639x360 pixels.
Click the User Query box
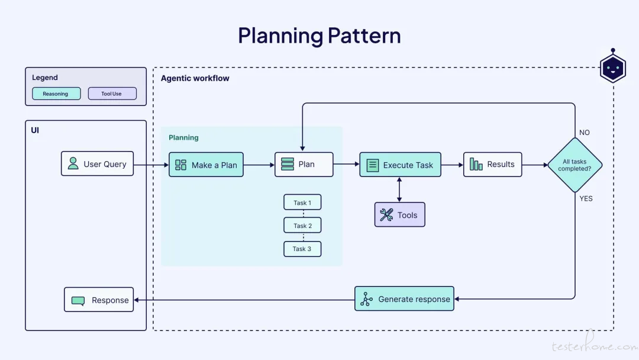click(98, 163)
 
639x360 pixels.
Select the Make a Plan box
click(206, 165)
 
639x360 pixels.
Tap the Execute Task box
click(400, 165)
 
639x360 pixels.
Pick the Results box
click(493, 164)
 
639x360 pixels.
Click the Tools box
click(400, 214)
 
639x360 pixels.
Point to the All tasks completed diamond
click(575, 165)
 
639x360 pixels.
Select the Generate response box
click(404, 299)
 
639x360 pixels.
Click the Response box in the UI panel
click(99, 300)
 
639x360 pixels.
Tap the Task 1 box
click(302, 202)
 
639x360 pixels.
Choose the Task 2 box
click(302, 226)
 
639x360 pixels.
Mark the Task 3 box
click(302, 249)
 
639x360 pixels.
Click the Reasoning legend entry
click(56, 94)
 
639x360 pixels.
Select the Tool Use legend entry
click(112, 94)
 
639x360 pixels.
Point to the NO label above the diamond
click(585, 133)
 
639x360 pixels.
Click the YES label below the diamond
click(586, 198)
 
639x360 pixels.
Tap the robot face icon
click(613, 67)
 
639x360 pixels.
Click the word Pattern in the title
click(364, 36)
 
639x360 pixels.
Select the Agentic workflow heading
click(195, 78)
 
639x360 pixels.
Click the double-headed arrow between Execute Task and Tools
click(399, 189)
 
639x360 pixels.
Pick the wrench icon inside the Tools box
click(386, 215)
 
